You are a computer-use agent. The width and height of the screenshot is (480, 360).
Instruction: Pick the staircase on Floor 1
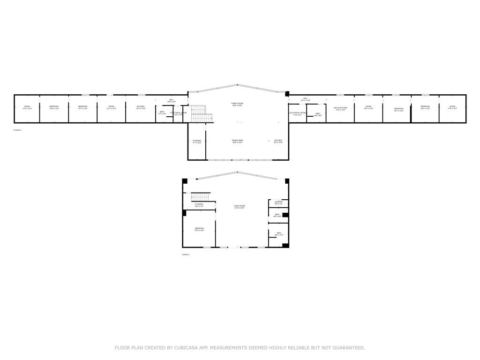click(201, 196)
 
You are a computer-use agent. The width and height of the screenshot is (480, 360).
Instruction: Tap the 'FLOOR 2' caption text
click(17, 130)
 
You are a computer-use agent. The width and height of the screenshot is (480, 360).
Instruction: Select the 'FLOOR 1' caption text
click(186, 255)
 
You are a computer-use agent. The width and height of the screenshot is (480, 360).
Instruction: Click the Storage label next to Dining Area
click(197, 141)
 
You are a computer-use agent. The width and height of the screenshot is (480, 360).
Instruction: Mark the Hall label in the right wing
click(305, 99)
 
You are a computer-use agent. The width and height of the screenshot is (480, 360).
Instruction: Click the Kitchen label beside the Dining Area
click(278, 141)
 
